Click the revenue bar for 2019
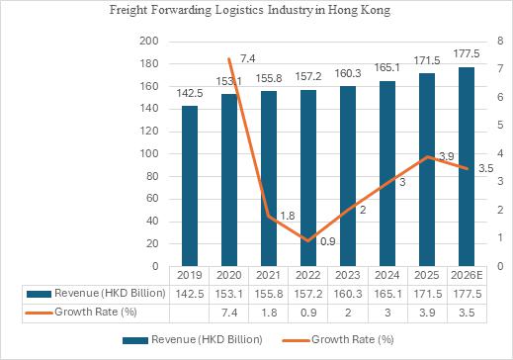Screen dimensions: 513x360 pyautogui.click(x=190, y=186)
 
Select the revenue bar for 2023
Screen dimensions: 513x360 pyautogui.click(x=348, y=176)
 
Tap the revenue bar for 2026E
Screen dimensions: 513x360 pyautogui.click(x=467, y=166)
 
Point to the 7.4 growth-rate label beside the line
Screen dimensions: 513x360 pyautogui.click(x=247, y=58)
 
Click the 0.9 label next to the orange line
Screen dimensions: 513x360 pyautogui.click(x=328, y=241)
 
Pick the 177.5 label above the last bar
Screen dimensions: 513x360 pyautogui.click(x=467, y=53)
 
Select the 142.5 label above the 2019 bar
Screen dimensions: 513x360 pyautogui.click(x=190, y=93)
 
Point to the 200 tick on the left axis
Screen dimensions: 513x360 pyautogui.click(x=149, y=42)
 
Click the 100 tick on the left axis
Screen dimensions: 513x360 pyautogui.click(x=149, y=153)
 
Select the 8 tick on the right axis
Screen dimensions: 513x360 pyautogui.click(x=500, y=42)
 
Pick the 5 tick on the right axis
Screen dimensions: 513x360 pyautogui.click(x=500, y=126)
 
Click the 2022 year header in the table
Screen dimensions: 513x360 pyautogui.click(x=308, y=275)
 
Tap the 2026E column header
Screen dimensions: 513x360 pyautogui.click(x=467, y=275)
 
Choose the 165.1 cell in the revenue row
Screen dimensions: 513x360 pyautogui.click(x=387, y=294)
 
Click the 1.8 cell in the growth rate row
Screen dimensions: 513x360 pyautogui.click(x=269, y=313)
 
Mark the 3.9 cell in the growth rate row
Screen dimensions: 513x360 pyautogui.click(x=427, y=313)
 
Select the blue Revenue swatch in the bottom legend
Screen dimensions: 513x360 pyautogui.click(x=135, y=340)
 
